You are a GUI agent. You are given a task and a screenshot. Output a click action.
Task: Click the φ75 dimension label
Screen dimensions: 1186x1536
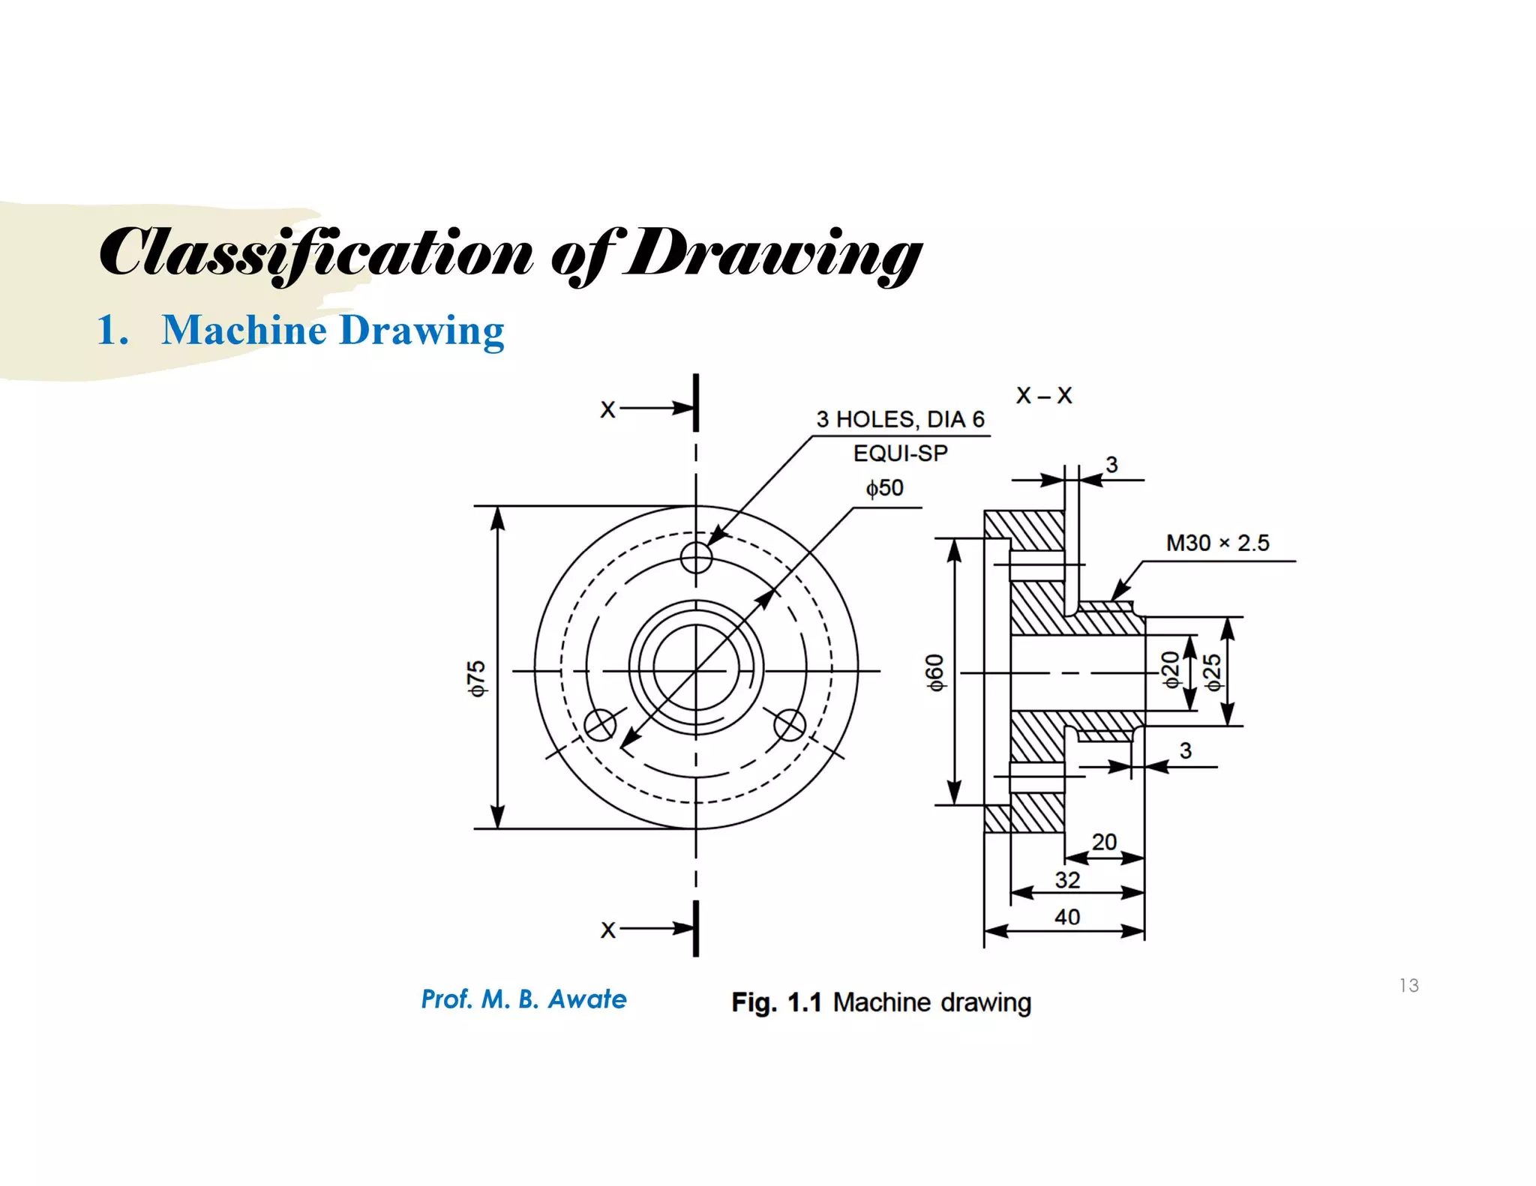[477, 678]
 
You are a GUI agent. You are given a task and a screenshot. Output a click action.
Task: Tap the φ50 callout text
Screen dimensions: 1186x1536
[884, 488]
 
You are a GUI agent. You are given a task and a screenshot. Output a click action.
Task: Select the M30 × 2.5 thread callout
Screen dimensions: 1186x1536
[1216, 543]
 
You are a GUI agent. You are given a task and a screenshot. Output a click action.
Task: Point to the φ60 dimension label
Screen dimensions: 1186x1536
[934, 672]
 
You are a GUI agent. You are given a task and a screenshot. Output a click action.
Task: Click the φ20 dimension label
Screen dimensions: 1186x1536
[1170, 669]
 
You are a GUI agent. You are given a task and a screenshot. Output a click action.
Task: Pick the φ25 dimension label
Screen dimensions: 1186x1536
[1212, 672]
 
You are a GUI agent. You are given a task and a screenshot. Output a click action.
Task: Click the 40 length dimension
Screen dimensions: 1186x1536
[1066, 917]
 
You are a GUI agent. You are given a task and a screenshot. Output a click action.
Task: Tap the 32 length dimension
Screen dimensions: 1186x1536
[1066, 879]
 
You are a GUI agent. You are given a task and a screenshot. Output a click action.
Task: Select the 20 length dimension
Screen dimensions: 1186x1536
[1103, 842]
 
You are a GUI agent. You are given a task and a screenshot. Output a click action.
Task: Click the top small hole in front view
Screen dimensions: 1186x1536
[696, 557]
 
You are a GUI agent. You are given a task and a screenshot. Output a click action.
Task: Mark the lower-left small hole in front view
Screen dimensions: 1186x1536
[600, 725]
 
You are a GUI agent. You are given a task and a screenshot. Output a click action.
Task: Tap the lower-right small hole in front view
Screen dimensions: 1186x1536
[790, 725]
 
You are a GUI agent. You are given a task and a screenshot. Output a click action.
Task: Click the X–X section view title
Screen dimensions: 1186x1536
[1043, 395]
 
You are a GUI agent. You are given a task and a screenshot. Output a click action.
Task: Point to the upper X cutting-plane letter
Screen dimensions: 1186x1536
[607, 409]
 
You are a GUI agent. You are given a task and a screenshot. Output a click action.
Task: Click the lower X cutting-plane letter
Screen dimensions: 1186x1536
[607, 930]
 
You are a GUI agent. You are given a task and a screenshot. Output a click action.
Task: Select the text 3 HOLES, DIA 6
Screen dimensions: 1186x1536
[900, 419]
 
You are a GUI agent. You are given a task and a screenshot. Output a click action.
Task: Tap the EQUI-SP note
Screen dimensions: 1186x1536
[900, 453]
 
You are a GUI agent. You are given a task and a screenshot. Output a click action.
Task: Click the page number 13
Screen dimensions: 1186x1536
[1408, 985]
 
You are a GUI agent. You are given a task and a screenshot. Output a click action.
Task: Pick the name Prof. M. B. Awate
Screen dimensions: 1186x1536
[523, 999]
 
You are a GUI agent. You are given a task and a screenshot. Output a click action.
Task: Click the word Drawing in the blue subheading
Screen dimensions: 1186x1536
[421, 330]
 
